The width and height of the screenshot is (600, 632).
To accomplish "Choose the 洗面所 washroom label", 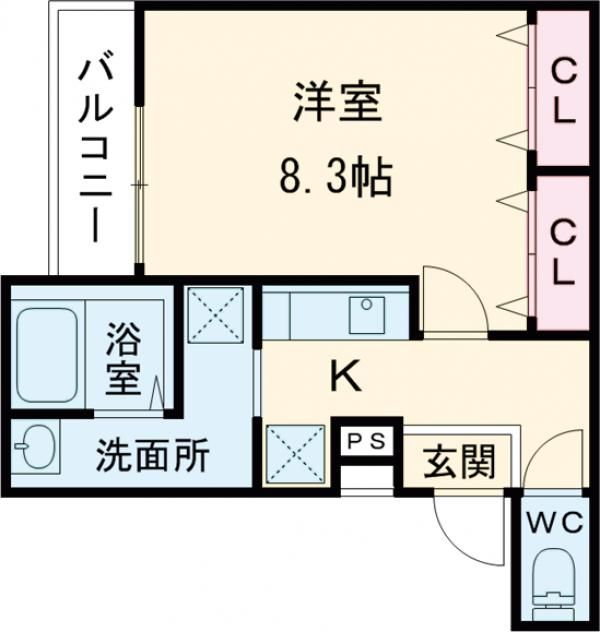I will [152, 456].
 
